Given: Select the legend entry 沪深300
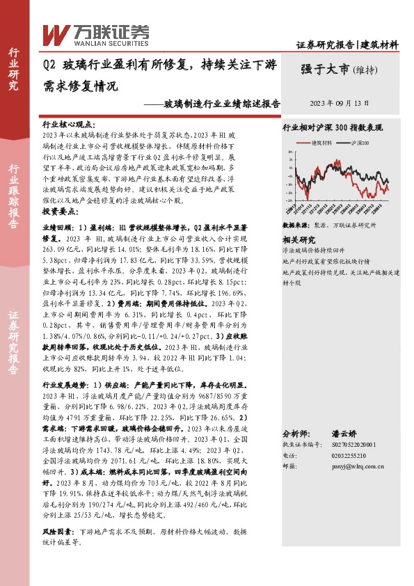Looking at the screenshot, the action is (x=358, y=142).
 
